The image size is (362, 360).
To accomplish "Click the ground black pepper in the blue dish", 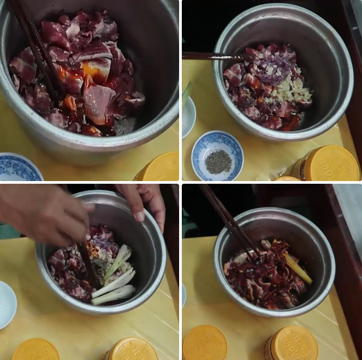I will click(x=218, y=161).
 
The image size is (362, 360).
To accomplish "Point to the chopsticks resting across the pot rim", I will click(x=211, y=56).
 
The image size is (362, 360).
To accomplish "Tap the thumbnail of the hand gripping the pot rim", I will click(x=139, y=216).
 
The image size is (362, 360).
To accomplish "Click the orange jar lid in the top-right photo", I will click(x=328, y=163).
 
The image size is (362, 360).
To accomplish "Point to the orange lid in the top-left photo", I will click(x=159, y=167).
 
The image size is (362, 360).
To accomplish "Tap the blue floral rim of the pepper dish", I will click(x=203, y=142).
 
